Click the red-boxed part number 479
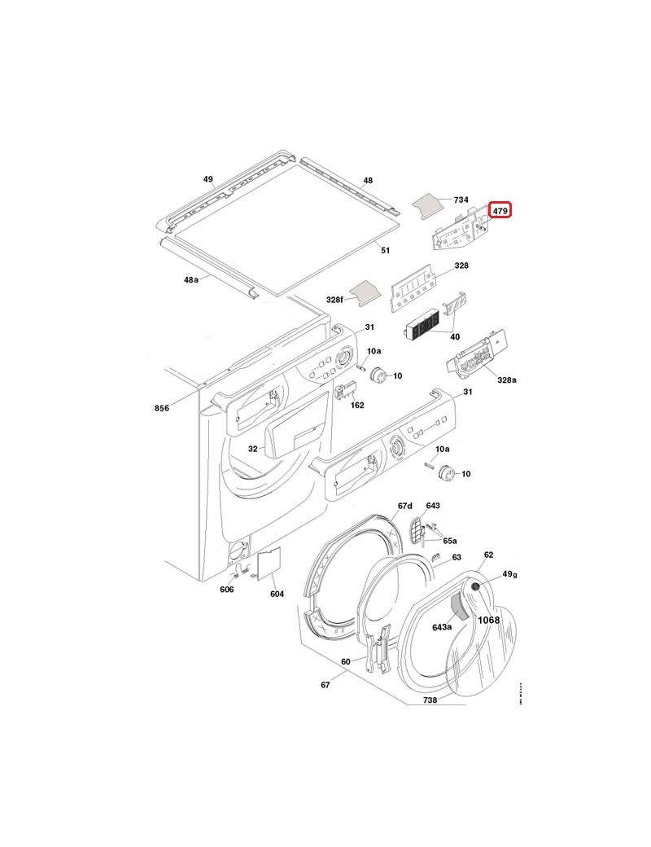pos(500,212)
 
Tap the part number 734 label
pos(461,200)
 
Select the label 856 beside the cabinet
pos(162,408)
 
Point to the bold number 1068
pos(488,620)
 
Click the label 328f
pos(334,300)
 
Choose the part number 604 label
pos(277,594)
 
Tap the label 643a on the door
pos(442,627)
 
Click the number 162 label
pos(357,405)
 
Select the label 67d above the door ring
pos(405,506)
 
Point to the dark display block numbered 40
pos(421,329)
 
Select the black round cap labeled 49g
pos(475,587)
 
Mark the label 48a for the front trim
pos(190,279)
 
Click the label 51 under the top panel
pos(385,251)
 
